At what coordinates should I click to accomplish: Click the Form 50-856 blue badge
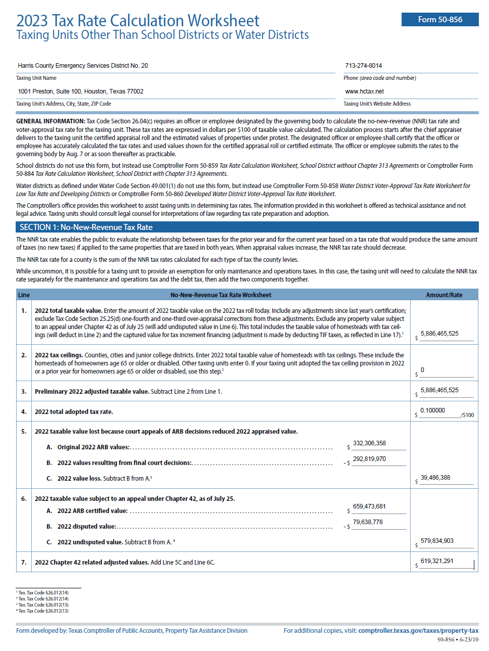point(440,20)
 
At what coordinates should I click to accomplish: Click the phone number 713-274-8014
point(364,66)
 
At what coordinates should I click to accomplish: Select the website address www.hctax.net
point(365,91)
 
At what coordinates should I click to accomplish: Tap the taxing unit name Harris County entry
point(83,66)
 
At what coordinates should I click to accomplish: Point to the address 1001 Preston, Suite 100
point(81,91)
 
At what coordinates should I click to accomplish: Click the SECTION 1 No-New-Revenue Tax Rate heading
point(86,227)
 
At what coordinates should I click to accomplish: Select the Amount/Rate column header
point(444,295)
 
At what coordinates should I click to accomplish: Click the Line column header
point(24,295)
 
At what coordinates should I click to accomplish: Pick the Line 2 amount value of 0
point(422,370)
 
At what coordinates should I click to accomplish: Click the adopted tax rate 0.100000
point(433,410)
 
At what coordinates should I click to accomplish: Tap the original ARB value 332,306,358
point(369,443)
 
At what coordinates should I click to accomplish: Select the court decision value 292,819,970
point(369,459)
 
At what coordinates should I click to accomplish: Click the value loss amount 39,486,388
point(435,478)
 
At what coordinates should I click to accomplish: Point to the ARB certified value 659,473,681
point(369,506)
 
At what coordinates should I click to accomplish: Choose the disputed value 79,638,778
point(368,522)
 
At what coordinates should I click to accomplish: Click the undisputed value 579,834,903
point(437,541)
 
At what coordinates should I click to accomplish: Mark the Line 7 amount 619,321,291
point(437,561)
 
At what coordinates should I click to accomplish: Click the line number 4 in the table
point(24,412)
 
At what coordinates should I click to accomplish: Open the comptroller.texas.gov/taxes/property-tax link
point(418,631)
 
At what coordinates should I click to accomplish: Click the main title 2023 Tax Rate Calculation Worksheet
point(138,21)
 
